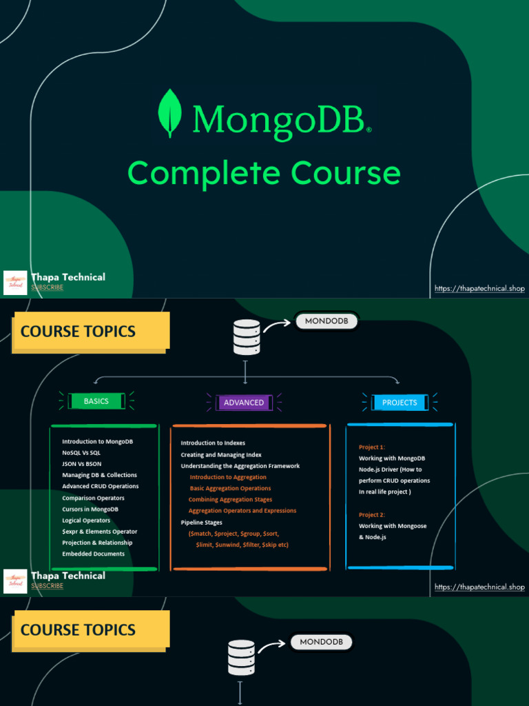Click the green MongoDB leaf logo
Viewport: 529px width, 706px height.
169,114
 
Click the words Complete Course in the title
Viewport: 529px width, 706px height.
264,173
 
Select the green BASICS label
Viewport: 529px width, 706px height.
96,401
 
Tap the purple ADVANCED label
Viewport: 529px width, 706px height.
244,403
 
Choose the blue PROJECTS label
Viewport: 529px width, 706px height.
400,403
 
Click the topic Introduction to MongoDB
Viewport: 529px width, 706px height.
97,441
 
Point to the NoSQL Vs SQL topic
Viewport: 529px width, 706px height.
81,453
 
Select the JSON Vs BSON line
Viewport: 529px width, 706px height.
81,464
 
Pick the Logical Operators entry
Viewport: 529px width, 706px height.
86,521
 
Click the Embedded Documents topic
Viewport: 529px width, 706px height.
93,554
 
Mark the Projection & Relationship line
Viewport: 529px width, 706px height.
97,543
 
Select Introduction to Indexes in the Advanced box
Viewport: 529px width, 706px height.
213,443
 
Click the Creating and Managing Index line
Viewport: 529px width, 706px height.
221,455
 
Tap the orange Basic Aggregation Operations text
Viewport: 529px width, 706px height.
230,488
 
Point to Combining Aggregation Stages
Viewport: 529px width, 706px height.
230,499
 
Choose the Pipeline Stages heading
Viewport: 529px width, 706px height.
201,523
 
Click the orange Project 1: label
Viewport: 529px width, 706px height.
372,447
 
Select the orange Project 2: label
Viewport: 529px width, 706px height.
372,515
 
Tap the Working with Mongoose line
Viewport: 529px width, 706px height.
393,526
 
